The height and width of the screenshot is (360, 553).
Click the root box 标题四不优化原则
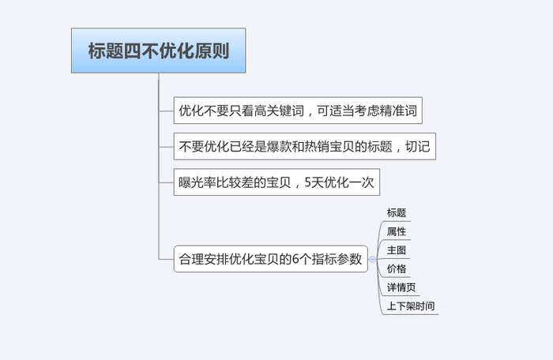point(158,51)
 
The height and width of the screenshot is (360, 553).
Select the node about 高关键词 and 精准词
point(298,111)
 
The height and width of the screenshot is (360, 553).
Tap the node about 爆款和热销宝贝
point(305,146)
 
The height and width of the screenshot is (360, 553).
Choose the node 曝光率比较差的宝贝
point(276,182)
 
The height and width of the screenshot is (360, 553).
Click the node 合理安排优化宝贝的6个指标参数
point(270,259)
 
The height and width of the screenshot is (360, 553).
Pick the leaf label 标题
point(397,212)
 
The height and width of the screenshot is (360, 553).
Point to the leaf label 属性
point(397,231)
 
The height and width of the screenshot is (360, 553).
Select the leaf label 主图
point(397,250)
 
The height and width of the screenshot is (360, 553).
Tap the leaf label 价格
point(397,268)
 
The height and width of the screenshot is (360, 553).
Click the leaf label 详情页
point(401,287)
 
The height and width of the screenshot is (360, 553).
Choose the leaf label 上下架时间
point(411,306)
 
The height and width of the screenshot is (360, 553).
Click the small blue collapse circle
point(372,260)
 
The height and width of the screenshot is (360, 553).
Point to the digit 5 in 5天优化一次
point(308,182)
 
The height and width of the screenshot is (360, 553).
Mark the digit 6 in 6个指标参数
point(296,260)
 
